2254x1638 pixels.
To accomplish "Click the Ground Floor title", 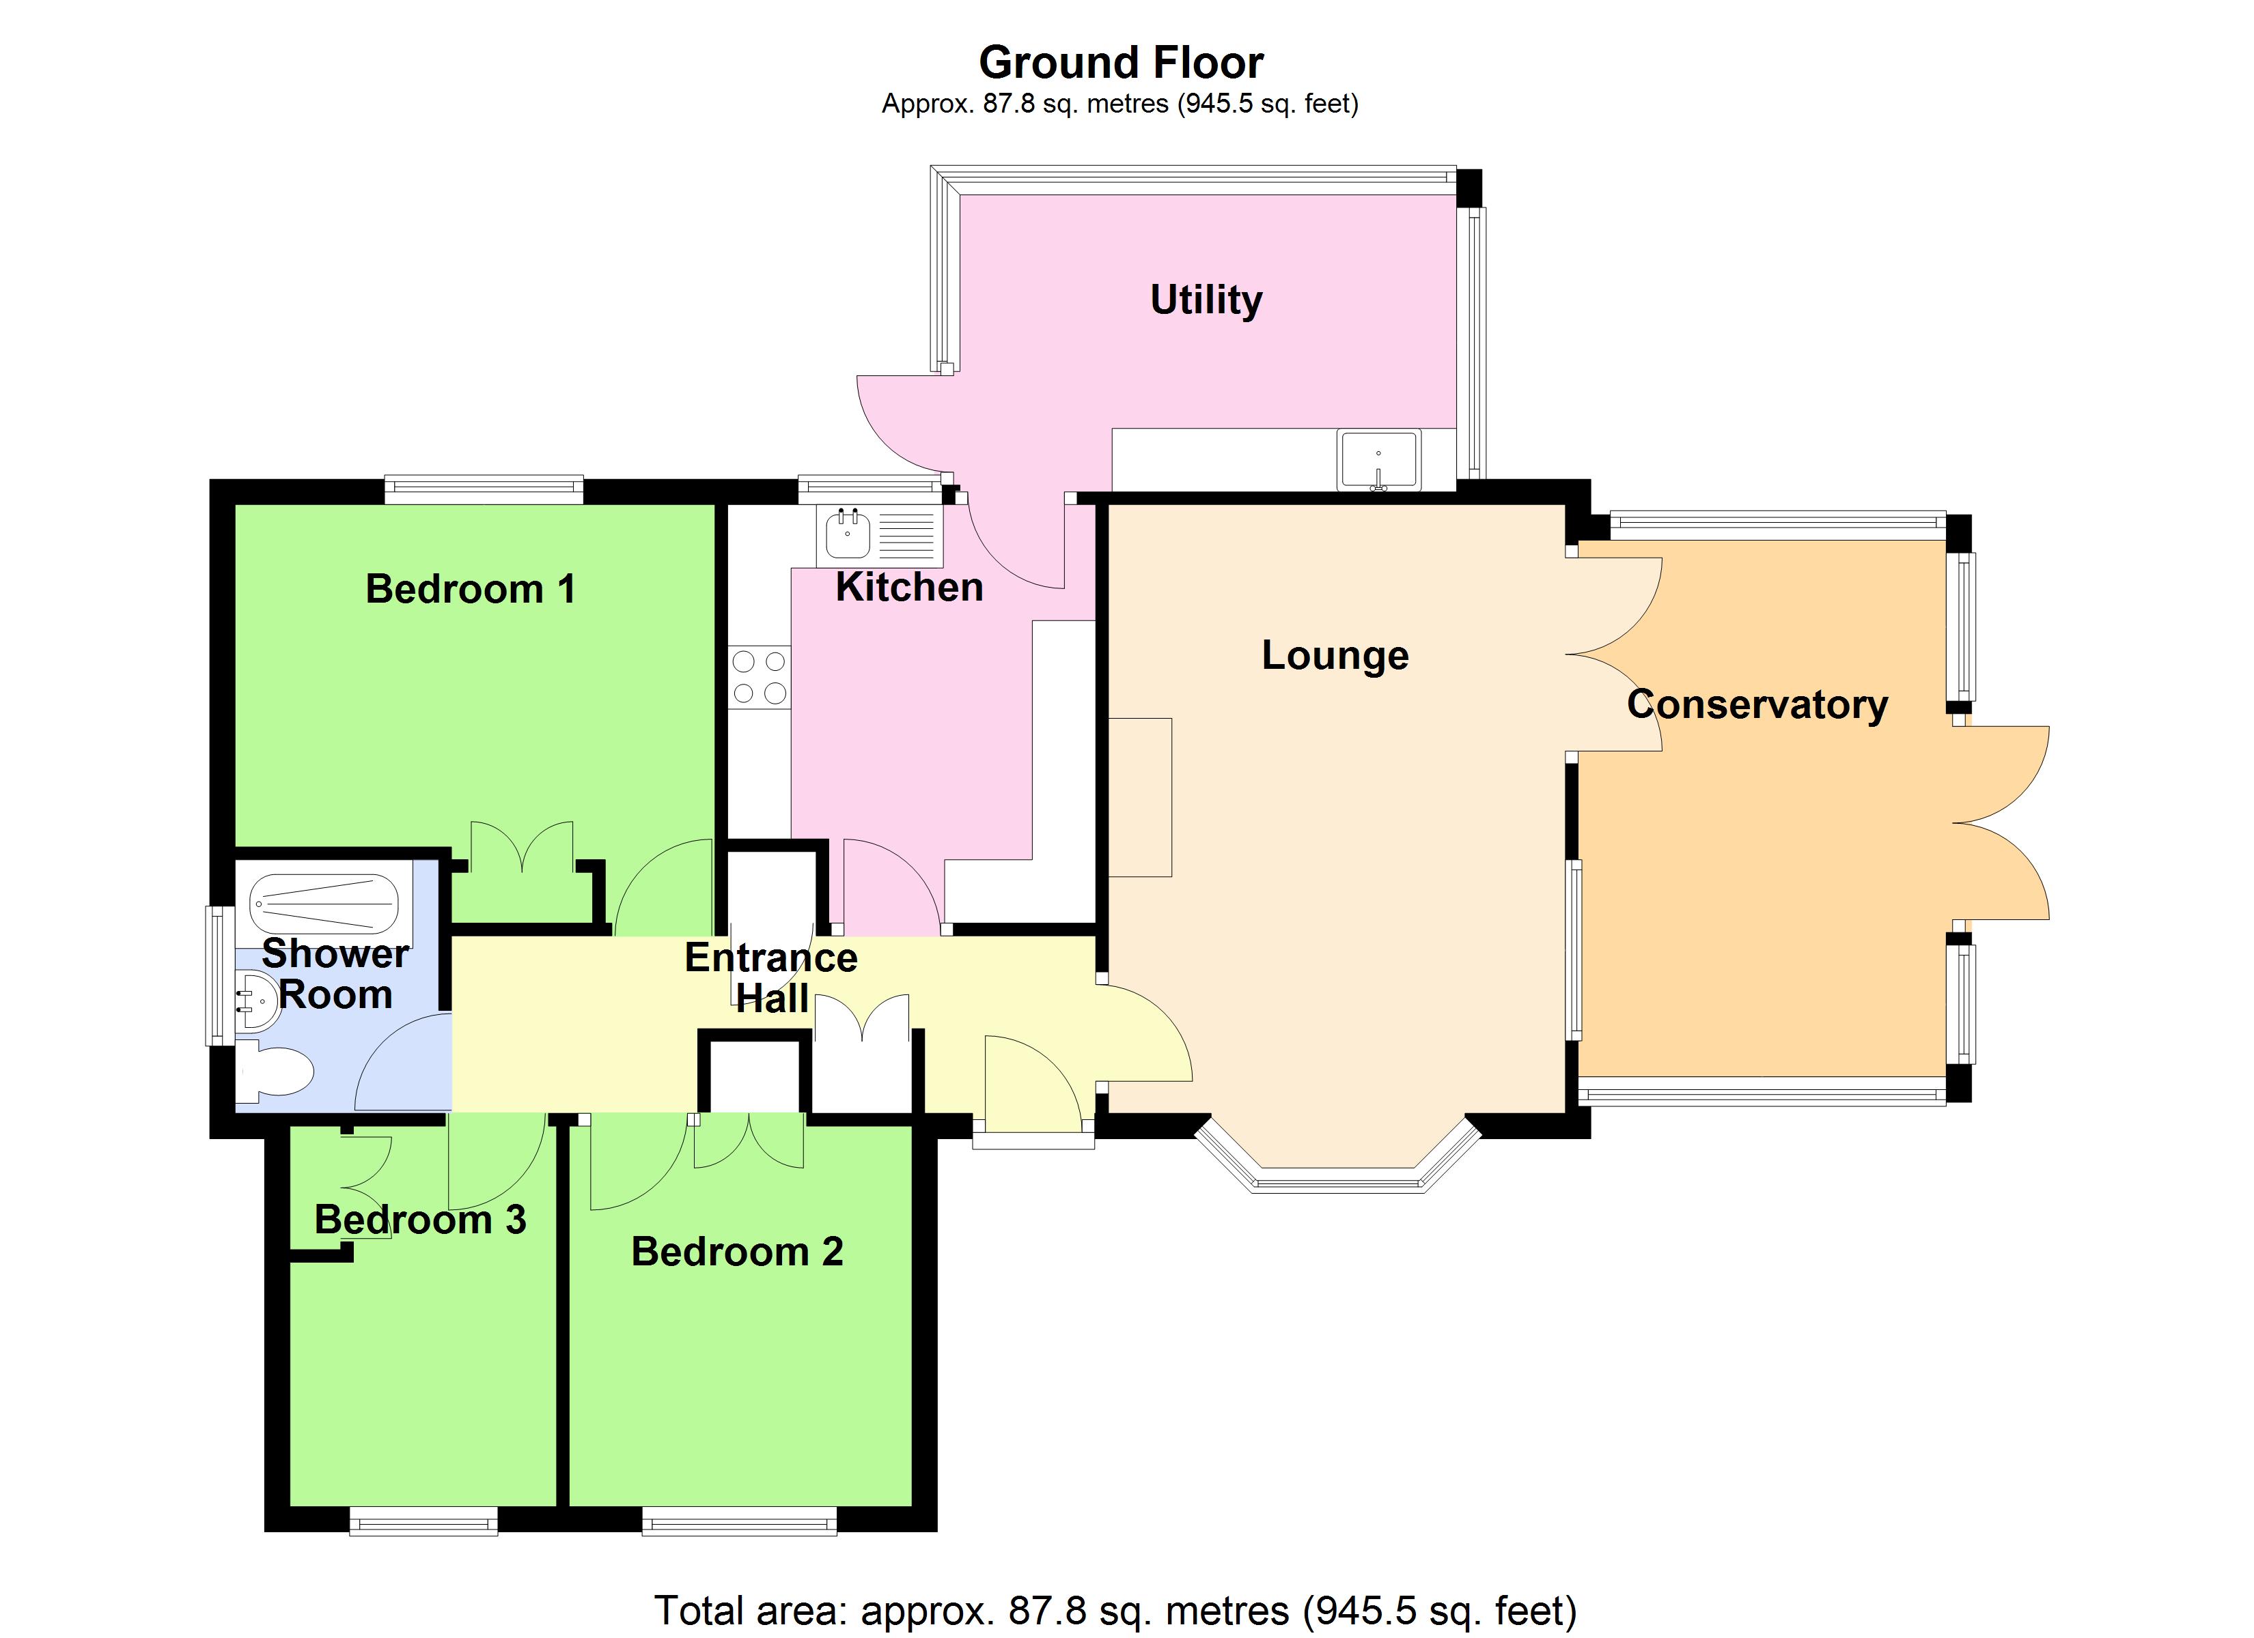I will point(1120,63).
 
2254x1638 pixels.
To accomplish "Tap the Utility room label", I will point(1206,299).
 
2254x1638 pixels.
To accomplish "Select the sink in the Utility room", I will point(1378,460).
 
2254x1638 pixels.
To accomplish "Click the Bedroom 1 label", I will point(470,589).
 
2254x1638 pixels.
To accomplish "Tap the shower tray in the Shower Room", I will point(324,904).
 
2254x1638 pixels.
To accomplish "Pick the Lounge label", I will point(1335,656).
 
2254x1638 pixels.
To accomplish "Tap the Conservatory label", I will point(1756,704).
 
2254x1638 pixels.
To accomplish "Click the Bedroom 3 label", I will point(419,1220).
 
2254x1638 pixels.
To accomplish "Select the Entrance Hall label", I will point(771,977).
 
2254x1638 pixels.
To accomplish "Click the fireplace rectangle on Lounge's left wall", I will point(1140,796).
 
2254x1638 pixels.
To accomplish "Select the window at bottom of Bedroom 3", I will point(422,1521).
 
